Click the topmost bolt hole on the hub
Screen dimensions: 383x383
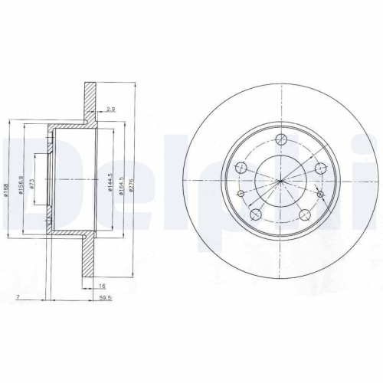(x=282, y=139)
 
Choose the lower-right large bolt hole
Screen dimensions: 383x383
(x=304, y=215)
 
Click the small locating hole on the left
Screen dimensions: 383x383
(x=241, y=193)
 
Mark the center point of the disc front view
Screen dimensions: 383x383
(x=282, y=181)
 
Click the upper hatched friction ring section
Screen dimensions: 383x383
(x=90, y=100)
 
